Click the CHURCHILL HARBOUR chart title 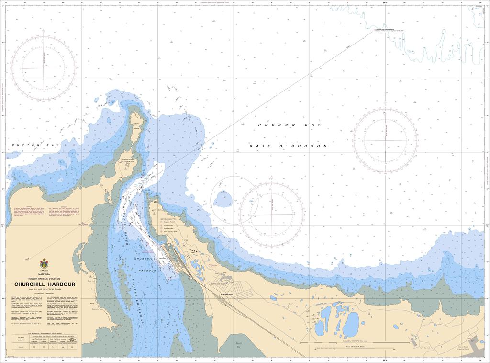tap(45, 284)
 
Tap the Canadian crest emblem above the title tap(44, 263)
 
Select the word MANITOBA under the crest tap(44, 274)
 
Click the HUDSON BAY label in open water tap(289, 125)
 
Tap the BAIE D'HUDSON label tap(289, 146)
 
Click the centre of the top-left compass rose tap(44, 68)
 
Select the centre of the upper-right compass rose tap(385, 140)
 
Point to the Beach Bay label tap(239, 345)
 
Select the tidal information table tap(45, 340)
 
